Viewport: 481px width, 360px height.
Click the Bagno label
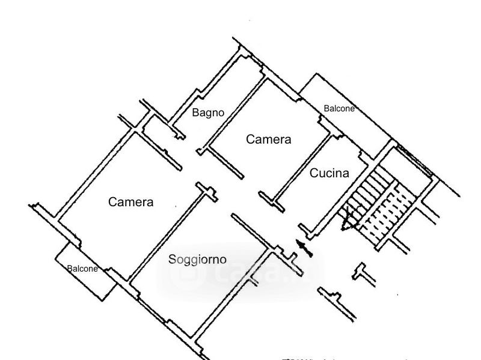pyautogui.click(x=208, y=112)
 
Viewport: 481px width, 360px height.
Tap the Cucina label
pyautogui.click(x=329, y=173)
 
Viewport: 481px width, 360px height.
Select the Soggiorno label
pyautogui.click(x=197, y=260)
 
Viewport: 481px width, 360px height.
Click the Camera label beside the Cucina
pyautogui.click(x=269, y=139)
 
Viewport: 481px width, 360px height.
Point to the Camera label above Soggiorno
pyautogui.click(x=130, y=202)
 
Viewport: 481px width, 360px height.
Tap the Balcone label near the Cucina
pyautogui.click(x=339, y=109)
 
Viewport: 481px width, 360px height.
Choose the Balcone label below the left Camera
pyautogui.click(x=82, y=269)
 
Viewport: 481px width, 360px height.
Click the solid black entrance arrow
pyautogui.click(x=304, y=248)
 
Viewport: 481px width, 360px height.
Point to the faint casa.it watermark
pyautogui.click(x=240, y=273)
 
